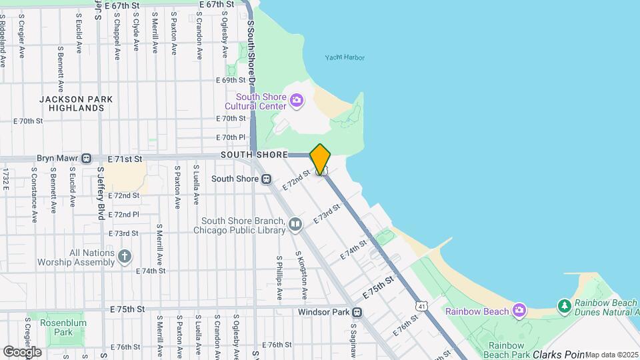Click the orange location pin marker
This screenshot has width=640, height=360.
(x=321, y=159)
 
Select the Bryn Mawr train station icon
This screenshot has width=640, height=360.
(x=86, y=159)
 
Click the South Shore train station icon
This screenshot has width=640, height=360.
(x=266, y=179)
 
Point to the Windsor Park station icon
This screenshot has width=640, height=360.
(x=357, y=312)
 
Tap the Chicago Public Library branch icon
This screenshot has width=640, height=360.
(x=295, y=225)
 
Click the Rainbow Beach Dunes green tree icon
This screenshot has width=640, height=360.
(x=565, y=306)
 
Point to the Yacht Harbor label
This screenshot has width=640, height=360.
(x=345, y=58)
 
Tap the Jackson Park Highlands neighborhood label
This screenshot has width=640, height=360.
(x=75, y=103)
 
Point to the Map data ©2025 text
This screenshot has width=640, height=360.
(x=611, y=355)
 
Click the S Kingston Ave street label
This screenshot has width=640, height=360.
(x=303, y=277)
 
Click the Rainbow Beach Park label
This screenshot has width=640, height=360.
(x=511, y=350)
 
